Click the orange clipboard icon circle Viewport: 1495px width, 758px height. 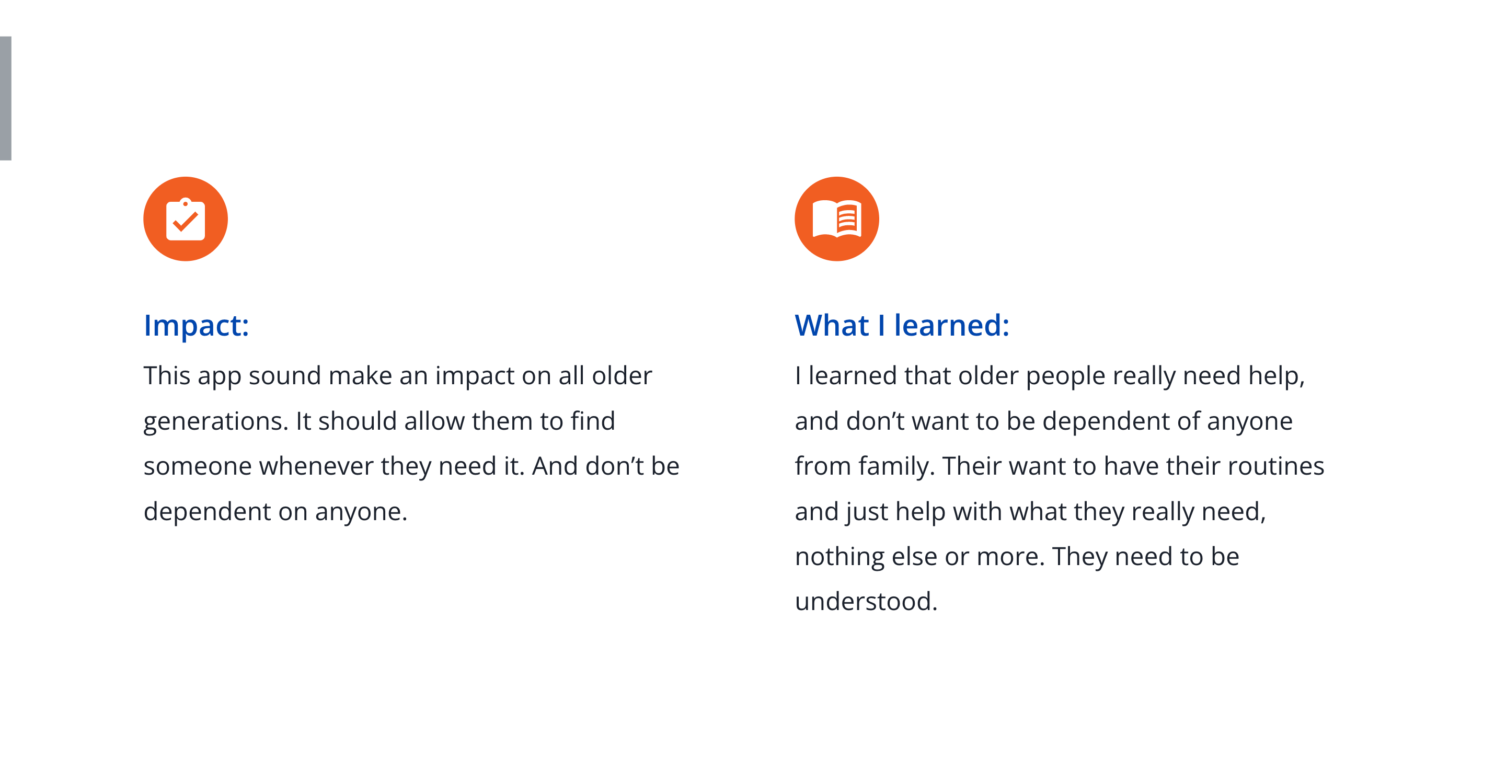pyautogui.click(x=186, y=219)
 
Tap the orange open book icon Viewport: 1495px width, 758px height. pyautogui.click(x=837, y=219)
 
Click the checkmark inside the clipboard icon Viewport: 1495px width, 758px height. pyautogui.click(x=186, y=222)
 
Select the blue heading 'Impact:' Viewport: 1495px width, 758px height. pyautogui.click(x=196, y=325)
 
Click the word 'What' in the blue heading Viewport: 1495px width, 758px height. pyautogui.click(x=832, y=325)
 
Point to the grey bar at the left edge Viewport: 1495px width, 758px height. pyautogui.click(x=6, y=98)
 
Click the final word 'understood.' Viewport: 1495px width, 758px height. pyautogui.click(x=866, y=602)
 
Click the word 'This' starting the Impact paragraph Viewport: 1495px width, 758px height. pyautogui.click(x=167, y=375)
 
